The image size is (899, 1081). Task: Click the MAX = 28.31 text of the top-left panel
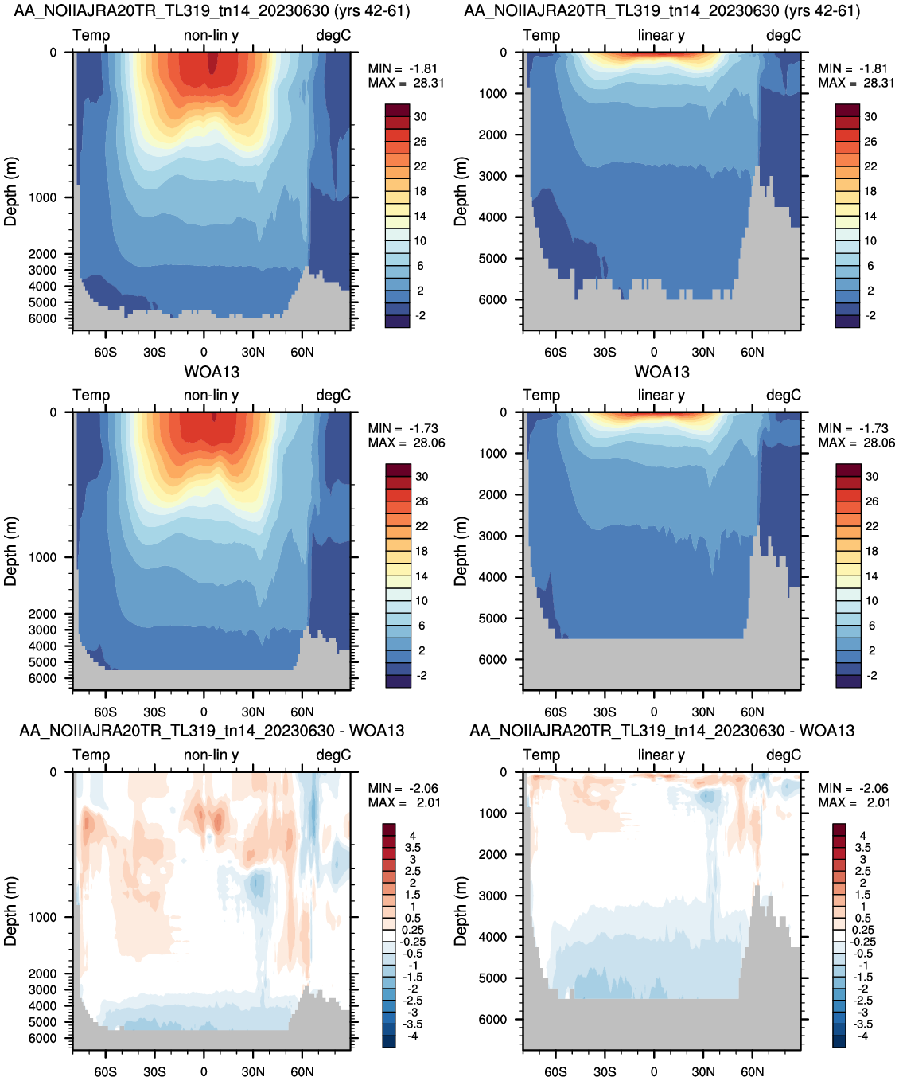(406, 83)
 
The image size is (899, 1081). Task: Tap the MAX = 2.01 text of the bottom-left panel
(404, 802)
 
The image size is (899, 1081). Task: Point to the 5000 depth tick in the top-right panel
(492, 259)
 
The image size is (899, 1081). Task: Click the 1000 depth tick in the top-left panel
(42, 197)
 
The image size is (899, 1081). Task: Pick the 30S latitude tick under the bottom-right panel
(605, 1071)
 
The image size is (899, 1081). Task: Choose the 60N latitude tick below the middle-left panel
(302, 712)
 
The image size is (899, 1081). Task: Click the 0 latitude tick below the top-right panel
(654, 352)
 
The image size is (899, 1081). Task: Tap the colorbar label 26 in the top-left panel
(420, 142)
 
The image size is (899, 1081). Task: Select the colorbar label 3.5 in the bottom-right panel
(862, 848)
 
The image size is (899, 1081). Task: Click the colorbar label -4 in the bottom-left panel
(412, 1036)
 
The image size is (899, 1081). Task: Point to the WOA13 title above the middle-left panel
(212, 372)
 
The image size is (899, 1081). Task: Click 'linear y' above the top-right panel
(661, 35)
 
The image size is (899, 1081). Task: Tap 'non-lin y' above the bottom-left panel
(211, 755)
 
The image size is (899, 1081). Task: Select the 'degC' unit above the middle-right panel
(784, 395)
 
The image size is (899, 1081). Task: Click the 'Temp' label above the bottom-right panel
(541, 755)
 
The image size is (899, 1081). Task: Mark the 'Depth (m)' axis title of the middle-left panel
(10, 551)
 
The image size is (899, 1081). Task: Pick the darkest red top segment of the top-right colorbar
(847, 110)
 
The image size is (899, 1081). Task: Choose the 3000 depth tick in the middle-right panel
(492, 536)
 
